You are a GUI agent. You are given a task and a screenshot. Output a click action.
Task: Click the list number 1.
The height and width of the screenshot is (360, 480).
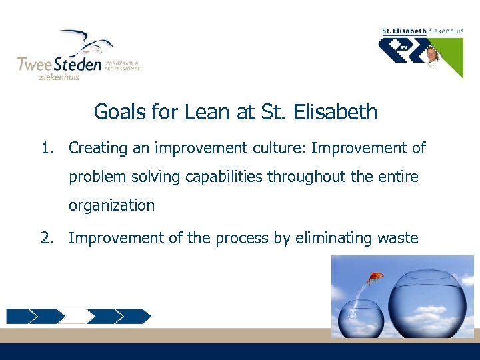(46, 148)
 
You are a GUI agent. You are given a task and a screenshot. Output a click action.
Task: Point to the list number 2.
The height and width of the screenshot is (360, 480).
(46, 238)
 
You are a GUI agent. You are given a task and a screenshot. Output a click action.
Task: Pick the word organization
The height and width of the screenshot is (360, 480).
(111, 205)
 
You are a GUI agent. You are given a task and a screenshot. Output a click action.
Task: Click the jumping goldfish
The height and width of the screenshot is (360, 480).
(375, 276)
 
